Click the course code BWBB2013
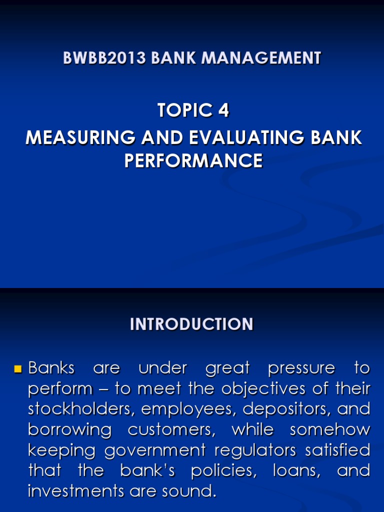[x=104, y=58]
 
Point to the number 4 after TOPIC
[x=223, y=110]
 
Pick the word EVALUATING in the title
[x=237, y=137]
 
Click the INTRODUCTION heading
[x=191, y=324]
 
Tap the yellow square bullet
[x=18, y=370]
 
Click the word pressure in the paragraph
[x=301, y=368]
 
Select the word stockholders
[x=81, y=409]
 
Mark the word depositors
[x=286, y=409]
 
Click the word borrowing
[x=69, y=430]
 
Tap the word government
[x=155, y=450]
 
